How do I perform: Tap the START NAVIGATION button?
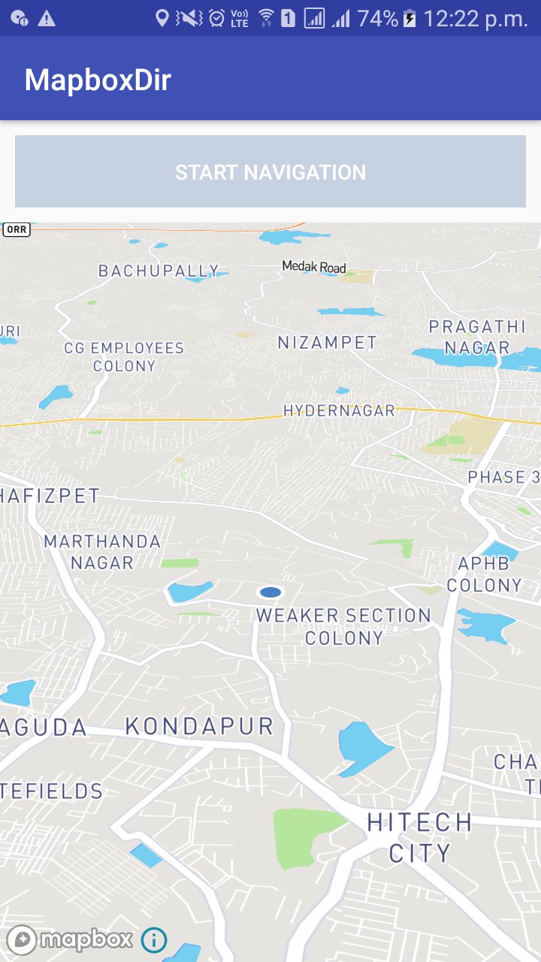270,172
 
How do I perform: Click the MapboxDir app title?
98,80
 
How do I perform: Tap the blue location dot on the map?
270,592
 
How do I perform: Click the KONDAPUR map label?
199,726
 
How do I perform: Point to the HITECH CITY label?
419,837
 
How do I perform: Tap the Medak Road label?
314,267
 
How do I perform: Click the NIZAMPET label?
328,343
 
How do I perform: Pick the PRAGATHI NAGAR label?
477,337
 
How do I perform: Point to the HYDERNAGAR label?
339,410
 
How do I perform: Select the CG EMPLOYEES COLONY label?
124,357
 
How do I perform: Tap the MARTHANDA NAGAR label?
102,552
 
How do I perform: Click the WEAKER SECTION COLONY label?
344,626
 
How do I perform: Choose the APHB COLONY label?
484,574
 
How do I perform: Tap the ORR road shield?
17,229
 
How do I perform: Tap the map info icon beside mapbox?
154,939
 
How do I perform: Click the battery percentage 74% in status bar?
377,19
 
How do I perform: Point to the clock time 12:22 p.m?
476,19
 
